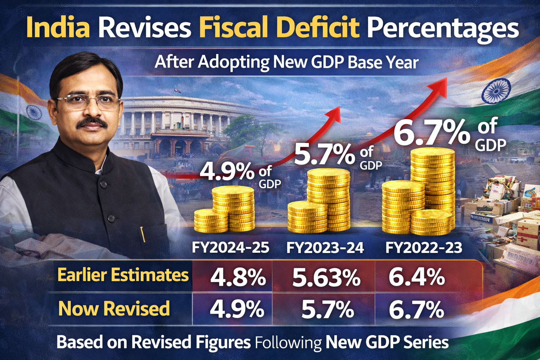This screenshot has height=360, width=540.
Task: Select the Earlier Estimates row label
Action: pyautogui.click(x=123, y=275)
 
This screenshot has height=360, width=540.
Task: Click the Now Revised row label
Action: pyautogui.click(x=114, y=309)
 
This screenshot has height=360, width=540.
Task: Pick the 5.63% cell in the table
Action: pyautogui.click(x=326, y=278)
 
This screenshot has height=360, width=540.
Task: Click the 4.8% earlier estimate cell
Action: pyautogui.click(x=238, y=278)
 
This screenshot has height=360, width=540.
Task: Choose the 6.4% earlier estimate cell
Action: pyautogui.click(x=417, y=277)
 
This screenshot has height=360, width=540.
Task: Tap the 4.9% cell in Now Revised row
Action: pyautogui.click(x=237, y=309)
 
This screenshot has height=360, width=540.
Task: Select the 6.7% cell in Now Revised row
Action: pyautogui.click(x=416, y=310)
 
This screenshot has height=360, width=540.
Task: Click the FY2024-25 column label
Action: pyautogui.click(x=231, y=247)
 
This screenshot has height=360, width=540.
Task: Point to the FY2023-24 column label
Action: pyautogui.click(x=325, y=247)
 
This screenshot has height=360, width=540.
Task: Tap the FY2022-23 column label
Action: pyautogui.click(x=424, y=247)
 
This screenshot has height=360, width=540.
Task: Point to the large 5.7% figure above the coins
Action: pyautogui.click(x=324, y=155)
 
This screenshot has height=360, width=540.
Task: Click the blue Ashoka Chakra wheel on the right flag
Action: pyautogui.click(x=496, y=91)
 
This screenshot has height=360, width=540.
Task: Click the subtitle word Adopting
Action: pyautogui.click(x=233, y=62)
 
